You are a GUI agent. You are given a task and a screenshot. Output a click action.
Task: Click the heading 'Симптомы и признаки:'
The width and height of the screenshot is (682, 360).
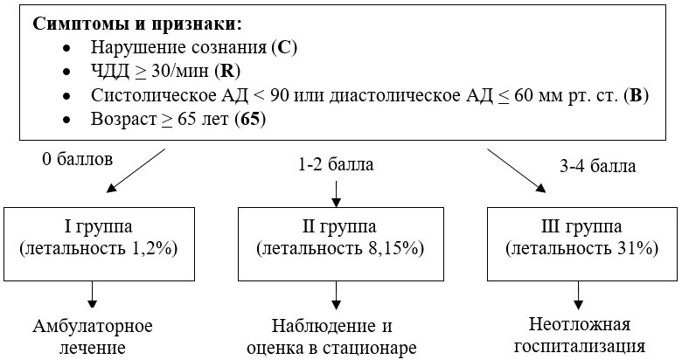(x=136, y=24)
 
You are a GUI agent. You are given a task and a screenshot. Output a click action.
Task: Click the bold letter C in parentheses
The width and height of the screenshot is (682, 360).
(x=283, y=47)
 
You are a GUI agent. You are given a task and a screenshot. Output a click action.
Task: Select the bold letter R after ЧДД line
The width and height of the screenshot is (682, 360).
(x=227, y=71)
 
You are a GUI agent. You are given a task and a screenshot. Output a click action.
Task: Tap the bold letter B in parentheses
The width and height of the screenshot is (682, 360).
(x=636, y=95)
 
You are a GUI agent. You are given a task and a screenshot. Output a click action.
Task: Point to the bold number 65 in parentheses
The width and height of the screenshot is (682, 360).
(x=250, y=119)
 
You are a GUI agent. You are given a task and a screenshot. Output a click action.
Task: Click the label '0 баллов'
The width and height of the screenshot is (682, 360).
(x=78, y=159)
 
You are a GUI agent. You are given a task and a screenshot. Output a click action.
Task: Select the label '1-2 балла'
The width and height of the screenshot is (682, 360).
(x=336, y=165)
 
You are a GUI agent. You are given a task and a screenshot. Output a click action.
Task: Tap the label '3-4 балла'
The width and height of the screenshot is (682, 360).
(x=597, y=166)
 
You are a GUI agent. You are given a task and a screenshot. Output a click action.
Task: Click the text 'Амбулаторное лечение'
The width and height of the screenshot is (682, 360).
(x=93, y=337)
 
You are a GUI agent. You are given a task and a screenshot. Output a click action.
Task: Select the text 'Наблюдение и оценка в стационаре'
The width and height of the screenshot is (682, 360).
(x=332, y=337)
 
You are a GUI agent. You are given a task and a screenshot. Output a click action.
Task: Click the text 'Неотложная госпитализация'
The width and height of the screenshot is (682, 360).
(x=580, y=336)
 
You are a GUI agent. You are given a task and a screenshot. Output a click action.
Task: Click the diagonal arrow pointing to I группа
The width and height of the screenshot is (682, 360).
(x=136, y=170)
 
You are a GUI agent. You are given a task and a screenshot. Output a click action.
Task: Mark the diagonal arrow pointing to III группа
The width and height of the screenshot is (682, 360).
(x=516, y=170)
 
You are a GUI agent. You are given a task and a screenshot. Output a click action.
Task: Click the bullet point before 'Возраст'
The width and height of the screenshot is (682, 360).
(x=66, y=120)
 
